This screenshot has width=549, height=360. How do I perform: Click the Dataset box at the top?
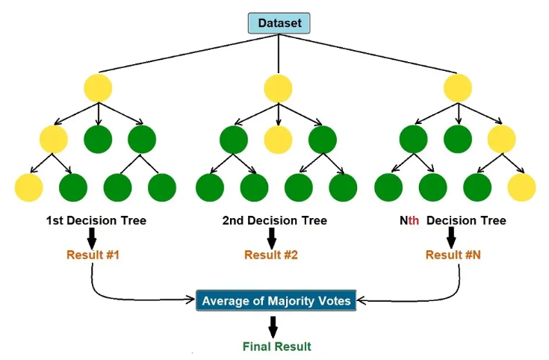tap(279, 23)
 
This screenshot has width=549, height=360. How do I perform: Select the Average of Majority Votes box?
tap(276, 300)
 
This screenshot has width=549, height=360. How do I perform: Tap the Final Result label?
tap(276, 347)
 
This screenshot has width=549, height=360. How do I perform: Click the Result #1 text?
tap(93, 255)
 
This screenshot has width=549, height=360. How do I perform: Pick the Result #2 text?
tap(271, 255)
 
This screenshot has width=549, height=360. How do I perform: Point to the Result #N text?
tap(453, 255)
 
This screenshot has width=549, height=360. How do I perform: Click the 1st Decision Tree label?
tap(96, 220)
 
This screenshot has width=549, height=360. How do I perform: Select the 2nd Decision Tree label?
tap(275, 220)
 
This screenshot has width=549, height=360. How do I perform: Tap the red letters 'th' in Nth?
tap(414, 220)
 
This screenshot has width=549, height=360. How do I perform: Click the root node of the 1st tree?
tap(98, 87)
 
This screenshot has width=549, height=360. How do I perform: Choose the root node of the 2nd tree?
tap(278, 87)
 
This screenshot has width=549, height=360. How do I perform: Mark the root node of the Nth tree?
tap(458, 87)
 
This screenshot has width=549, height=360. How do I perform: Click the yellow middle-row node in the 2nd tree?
tap(278, 140)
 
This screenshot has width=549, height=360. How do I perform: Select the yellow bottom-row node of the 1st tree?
tap(28, 187)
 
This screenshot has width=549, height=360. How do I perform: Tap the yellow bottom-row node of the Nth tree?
tap(521, 187)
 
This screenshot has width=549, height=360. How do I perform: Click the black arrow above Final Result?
tap(273, 327)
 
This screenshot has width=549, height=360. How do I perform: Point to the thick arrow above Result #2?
tap(271, 238)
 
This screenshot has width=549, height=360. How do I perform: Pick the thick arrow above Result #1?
tap(92, 238)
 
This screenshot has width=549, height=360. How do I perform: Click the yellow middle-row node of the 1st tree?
tap(54, 140)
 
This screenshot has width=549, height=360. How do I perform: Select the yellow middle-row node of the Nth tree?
tap(502, 140)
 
